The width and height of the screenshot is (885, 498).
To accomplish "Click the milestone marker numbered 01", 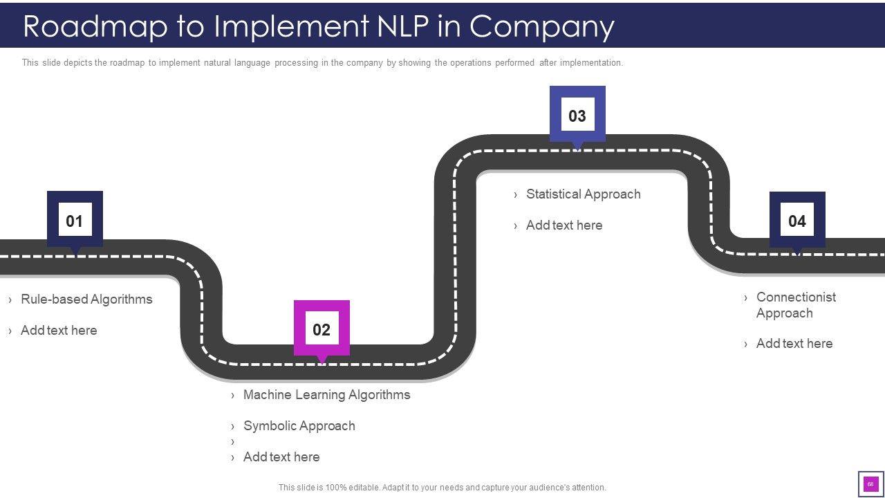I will click(x=75, y=221).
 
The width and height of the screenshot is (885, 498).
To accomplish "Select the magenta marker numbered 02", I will click(x=322, y=329).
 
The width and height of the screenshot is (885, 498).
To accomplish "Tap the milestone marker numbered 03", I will click(x=577, y=116).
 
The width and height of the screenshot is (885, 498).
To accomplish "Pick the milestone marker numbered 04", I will click(x=797, y=221).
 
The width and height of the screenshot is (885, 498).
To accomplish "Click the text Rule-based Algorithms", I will click(x=86, y=299).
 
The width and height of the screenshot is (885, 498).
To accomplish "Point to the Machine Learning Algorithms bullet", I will click(x=326, y=395).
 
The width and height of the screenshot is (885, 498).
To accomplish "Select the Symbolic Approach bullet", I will click(x=299, y=426).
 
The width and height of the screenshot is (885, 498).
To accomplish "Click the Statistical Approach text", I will click(x=583, y=194).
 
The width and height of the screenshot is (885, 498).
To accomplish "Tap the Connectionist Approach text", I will click(x=795, y=305).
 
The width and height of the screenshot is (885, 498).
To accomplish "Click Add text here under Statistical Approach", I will click(x=563, y=225).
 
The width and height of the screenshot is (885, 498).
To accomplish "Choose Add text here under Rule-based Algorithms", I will click(x=59, y=331).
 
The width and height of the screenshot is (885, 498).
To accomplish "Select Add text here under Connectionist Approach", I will click(x=794, y=344).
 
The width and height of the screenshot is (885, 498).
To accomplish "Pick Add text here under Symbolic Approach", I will click(x=281, y=457).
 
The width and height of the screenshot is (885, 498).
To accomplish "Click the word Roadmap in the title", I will click(x=96, y=26).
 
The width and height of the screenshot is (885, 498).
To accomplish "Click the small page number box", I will click(x=870, y=484).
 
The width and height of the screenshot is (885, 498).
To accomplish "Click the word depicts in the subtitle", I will click(x=77, y=63).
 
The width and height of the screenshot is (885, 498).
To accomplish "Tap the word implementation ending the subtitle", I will click(x=591, y=63).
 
